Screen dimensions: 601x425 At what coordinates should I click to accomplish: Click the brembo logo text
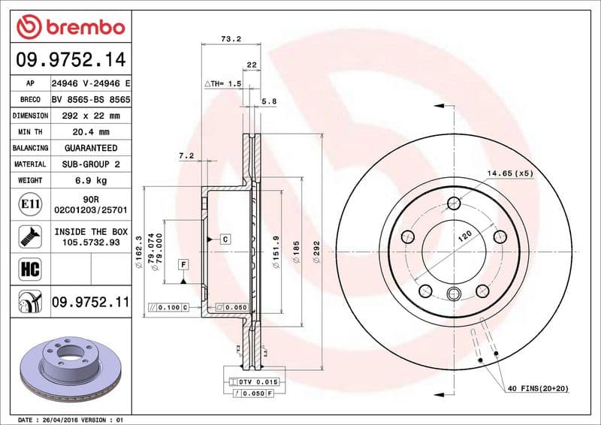[86, 28]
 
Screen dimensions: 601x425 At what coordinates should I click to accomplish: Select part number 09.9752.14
[71, 60]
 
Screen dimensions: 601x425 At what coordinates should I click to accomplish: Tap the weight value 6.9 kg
[91, 180]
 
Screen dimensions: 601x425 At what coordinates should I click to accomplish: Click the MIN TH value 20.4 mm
[91, 132]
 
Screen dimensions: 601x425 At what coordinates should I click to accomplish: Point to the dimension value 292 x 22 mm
[91, 116]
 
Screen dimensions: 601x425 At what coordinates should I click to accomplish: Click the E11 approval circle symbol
[30, 204]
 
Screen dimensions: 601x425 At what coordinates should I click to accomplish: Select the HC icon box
[30, 269]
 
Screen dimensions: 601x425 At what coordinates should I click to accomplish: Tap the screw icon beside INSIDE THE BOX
[30, 237]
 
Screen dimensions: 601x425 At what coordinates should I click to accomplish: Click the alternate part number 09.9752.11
[91, 302]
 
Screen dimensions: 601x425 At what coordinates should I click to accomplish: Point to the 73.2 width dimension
[231, 39]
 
